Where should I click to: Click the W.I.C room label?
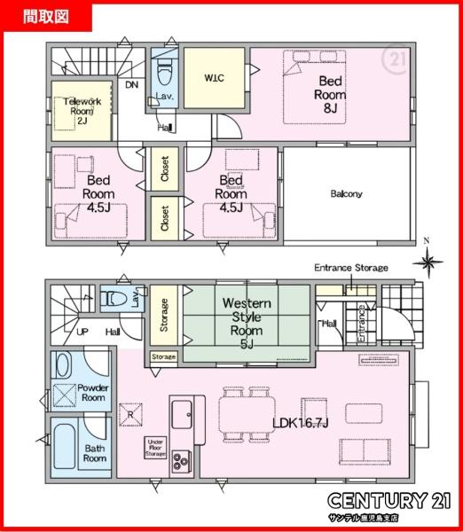pyautogui.click(x=214, y=78)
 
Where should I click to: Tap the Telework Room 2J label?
pyautogui.click(x=82, y=111)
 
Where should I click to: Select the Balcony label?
pyautogui.click(x=346, y=193)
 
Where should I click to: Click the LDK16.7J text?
pyautogui.click(x=301, y=423)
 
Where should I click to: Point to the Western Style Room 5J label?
pyautogui.click(x=247, y=324)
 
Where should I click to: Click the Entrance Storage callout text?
pyautogui.click(x=351, y=268)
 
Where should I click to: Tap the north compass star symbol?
pyautogui.click(x=428, y=262)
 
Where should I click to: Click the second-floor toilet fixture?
pyautogui.click(x=165, y=72)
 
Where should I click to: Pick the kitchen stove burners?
pyautogui.click(x=180, y=461)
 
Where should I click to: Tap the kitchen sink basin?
pyautogui.click(x=182, y=414)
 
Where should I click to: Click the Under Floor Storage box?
pyautogui.click(x=155, y=448)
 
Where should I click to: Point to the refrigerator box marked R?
pyautogui.click(x=130, y=415)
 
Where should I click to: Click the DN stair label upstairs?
pyautogui.click(x=131, y=84)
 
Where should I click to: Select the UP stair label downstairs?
pyautogui.click(x=82, y=332)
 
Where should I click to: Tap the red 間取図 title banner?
pyautogui.click(x=46, y=16)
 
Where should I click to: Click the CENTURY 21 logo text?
pyautogui.click(x=389, y=500)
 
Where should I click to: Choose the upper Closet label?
pyautogui.click(x=165, y=168)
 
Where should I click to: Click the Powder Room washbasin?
pyautogui.click(x=63, y=364)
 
